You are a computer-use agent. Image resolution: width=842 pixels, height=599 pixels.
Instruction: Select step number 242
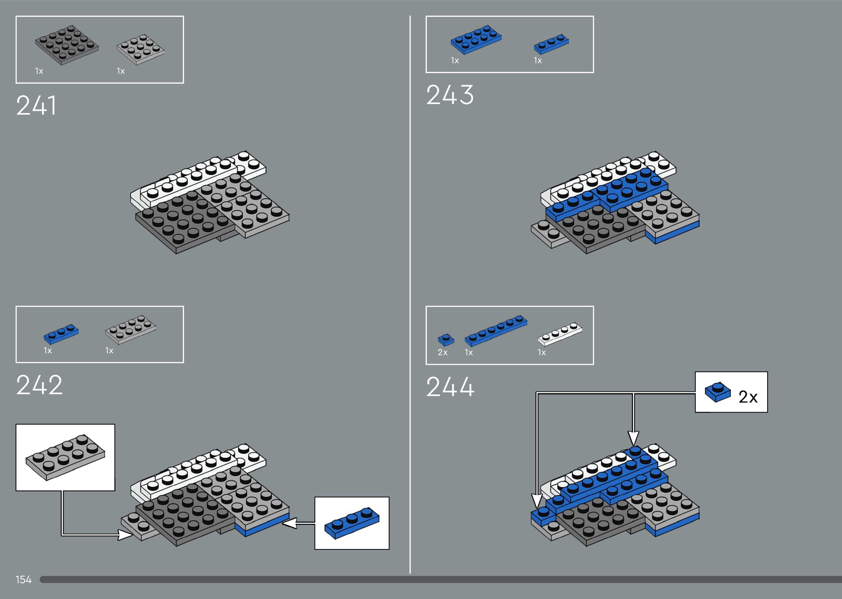coord(39,385)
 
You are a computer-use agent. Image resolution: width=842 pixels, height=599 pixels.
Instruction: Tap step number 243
coord(450,95)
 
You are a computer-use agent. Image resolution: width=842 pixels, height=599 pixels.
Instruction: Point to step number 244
coord(450,387)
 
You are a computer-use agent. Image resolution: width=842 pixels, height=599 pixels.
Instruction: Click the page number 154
coord(23,579)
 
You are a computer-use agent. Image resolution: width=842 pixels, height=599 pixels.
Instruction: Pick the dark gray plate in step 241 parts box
coord(67,45)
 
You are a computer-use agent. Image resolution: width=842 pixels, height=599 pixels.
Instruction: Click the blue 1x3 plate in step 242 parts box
coord(61,334)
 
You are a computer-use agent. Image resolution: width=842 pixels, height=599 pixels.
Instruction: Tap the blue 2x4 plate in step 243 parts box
coord(476,39)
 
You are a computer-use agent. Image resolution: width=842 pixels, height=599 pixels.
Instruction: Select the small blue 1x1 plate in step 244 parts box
coord(446,340)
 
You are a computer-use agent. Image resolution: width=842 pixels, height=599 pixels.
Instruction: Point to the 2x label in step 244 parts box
coord(442,353)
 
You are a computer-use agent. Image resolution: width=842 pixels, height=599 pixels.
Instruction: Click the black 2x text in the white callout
coord(748,397)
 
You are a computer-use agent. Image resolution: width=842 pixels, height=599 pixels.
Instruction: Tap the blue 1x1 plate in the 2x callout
coord(717,392)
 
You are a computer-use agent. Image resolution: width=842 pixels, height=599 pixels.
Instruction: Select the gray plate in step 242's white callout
coord(65,457)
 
